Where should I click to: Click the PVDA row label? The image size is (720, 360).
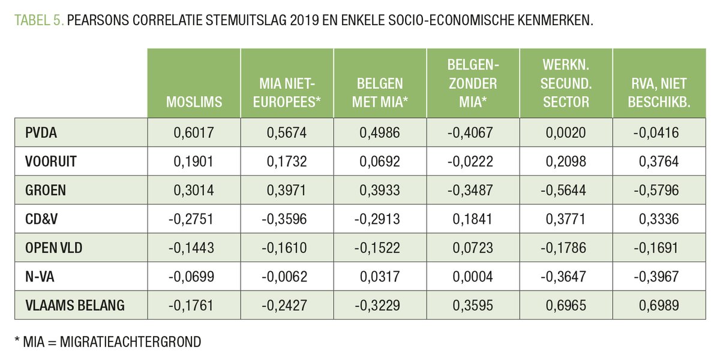click(x=41, y=133)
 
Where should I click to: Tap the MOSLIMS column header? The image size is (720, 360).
click(x=194, y=102)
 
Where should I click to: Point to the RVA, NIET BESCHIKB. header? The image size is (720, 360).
click(x=658, y=93)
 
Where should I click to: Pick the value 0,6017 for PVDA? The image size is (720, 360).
click(x=194, y=133)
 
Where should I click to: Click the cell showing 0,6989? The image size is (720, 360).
click(x=659, y=305)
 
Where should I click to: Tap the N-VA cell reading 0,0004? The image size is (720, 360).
click(x=473, y=277)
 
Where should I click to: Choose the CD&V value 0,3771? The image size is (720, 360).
click(x=566, y=219)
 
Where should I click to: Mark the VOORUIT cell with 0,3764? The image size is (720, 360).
click(x=659, y=161)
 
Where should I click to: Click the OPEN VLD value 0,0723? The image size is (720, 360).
click(x=473, y=248)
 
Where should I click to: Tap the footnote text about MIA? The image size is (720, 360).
click(x=107, y=341)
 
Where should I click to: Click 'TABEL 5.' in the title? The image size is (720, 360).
click(x=39, y=21)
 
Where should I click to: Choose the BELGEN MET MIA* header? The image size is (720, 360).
click(x=380, y=93)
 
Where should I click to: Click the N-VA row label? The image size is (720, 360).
click(x=38, y=277)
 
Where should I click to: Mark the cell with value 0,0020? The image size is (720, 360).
click(x=566, y=133)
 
